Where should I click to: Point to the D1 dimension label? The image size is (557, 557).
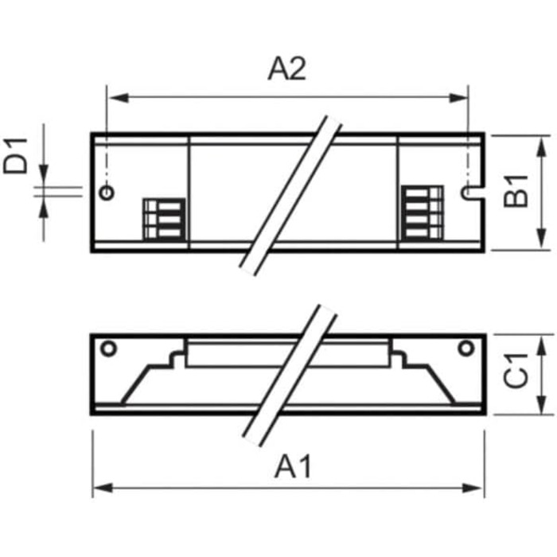tap(17, 154)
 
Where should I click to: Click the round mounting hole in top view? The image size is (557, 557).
tap(107, 193)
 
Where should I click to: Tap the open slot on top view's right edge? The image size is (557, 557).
tap(470, 192)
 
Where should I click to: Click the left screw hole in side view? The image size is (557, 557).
tap(108, 348)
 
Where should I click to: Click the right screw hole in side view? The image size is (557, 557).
tap(467, 348)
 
